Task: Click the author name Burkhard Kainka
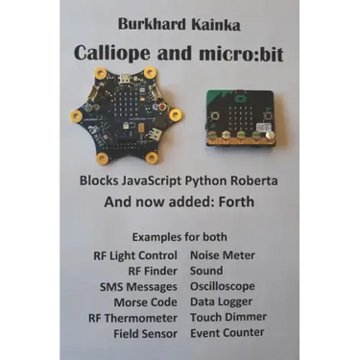click(180, 22)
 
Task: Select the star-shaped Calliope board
click(126, 114)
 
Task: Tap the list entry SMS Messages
click(139, 286)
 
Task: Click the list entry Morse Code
click(144, 301)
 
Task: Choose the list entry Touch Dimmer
click(228, 317)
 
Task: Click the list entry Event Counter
click(228, 333)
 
